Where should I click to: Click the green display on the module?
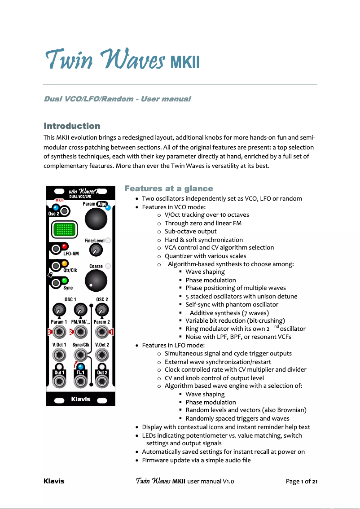[62, 231]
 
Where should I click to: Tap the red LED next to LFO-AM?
[65, 246]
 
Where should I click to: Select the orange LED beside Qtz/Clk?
[65, 264]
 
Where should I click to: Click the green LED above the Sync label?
[65, 281]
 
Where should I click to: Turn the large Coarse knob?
[97, 281]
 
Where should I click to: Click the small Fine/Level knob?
[95, 250]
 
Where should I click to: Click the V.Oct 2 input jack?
[102, 355]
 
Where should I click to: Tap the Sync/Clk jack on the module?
[81, 355]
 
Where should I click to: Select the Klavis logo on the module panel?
[81, 399]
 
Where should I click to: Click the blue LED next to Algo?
[108, 207]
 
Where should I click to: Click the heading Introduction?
[72, 126]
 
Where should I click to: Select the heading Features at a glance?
[168, 189]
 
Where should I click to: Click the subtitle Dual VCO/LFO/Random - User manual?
[117, 99]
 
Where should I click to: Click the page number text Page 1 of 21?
[302, 482]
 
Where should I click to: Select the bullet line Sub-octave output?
[190, 231]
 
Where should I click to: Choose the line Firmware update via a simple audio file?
[196, 460]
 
